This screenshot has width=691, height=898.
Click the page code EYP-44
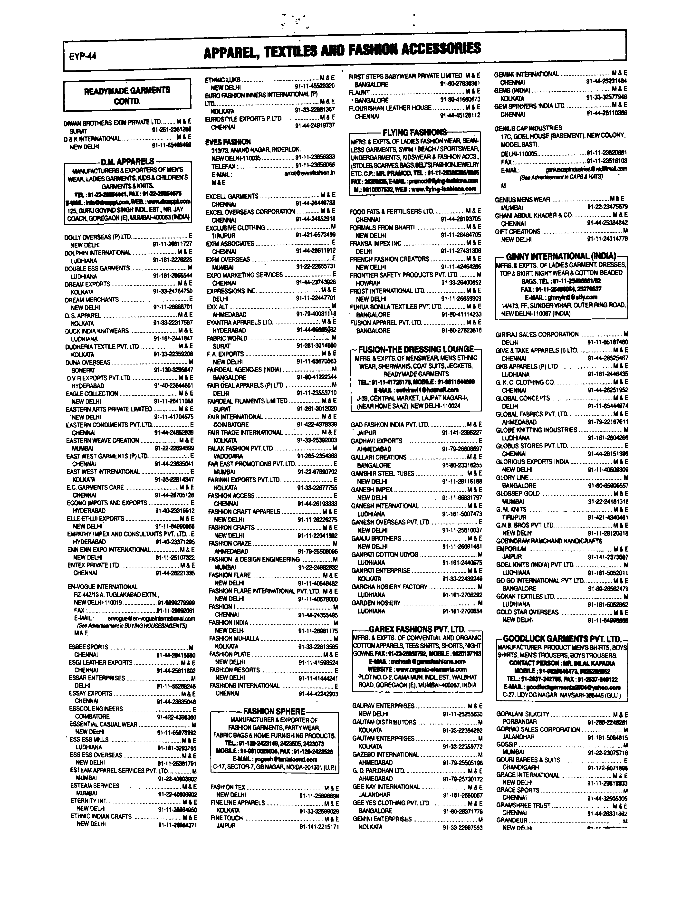83,56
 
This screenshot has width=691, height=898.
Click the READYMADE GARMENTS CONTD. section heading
127,96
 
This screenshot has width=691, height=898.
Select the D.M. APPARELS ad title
127,161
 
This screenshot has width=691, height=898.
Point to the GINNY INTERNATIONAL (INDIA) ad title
561,256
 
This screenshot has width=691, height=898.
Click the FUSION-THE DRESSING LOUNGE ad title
416,349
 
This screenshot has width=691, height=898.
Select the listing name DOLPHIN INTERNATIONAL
97,252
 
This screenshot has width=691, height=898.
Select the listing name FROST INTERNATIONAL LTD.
387,291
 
